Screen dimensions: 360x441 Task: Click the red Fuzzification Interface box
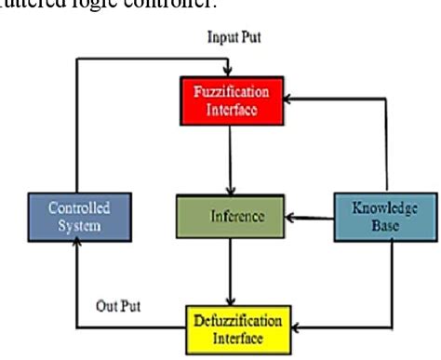pyautogui.click(x=232, y=101)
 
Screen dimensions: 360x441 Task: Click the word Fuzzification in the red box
pyautogui.click(x=232, y=93)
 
